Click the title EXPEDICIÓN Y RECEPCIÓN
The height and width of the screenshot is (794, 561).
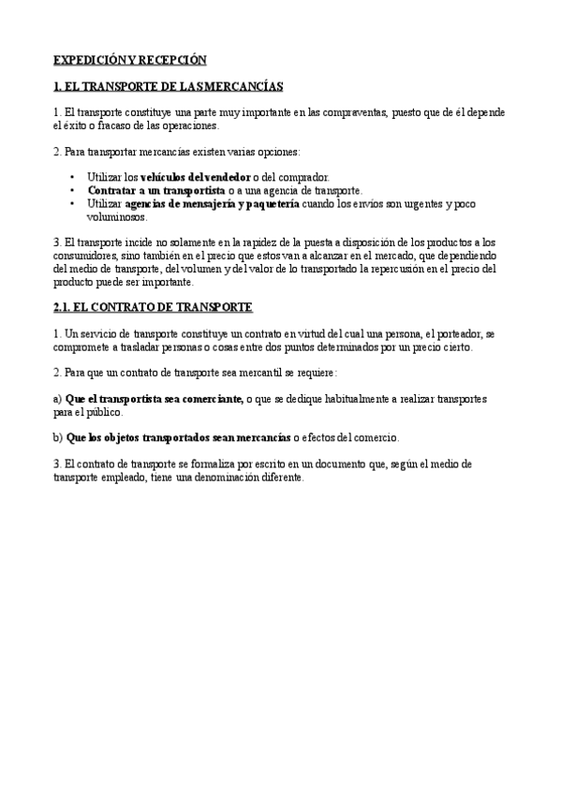pos(128,59)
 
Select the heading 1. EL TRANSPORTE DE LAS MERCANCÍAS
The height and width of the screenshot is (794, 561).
pos(168,86)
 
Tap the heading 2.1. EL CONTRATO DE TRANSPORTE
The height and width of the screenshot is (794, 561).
pos(153,306)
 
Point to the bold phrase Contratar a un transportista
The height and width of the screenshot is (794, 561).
pos(149,189)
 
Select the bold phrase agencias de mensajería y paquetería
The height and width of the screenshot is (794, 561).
pos(212,202)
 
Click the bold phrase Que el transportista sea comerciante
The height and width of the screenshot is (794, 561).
pos(154,398)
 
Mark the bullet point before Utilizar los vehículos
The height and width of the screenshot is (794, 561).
pos(73,176)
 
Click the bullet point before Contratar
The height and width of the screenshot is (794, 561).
pos(73,189)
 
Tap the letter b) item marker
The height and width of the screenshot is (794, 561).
pos(58,437)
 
